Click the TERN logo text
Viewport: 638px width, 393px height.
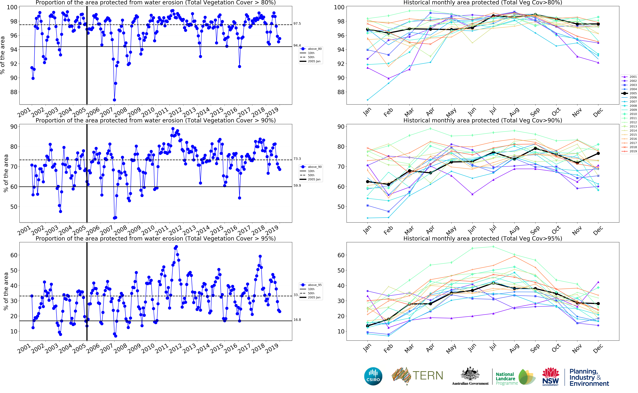(428, 376)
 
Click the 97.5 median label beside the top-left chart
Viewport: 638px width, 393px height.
(297, 24)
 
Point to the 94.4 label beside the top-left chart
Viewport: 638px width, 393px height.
(297, 45)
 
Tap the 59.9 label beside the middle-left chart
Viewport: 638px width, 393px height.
(297, 186)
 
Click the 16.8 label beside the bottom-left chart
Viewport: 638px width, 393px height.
(297, 320)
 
